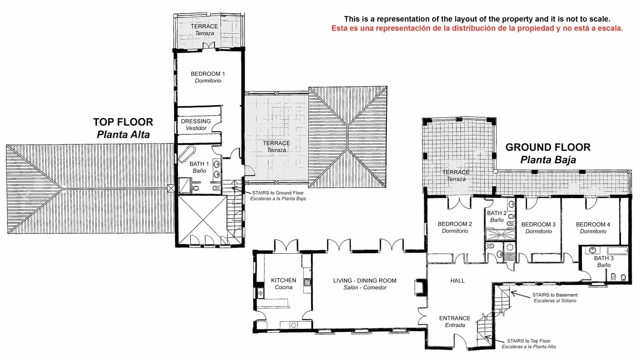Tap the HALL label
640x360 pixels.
tap(457, 281)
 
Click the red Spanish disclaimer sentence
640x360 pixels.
tap(477, 28)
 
